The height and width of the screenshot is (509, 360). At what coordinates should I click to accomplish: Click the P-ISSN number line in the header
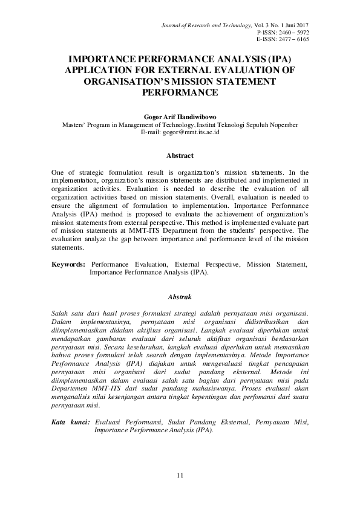[283, 31]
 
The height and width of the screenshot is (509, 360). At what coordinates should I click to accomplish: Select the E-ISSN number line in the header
[283, 39]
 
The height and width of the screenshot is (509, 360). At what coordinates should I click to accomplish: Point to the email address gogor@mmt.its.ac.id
[180, 131]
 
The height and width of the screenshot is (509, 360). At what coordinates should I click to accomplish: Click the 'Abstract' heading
[180, 155]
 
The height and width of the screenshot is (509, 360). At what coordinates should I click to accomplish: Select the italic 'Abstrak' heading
[180, 297]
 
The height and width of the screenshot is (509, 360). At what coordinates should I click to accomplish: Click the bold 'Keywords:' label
[68, 265]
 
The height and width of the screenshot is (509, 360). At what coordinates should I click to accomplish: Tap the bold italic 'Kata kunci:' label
[71, 422]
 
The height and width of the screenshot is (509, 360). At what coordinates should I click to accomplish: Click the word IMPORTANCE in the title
[99, 60]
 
